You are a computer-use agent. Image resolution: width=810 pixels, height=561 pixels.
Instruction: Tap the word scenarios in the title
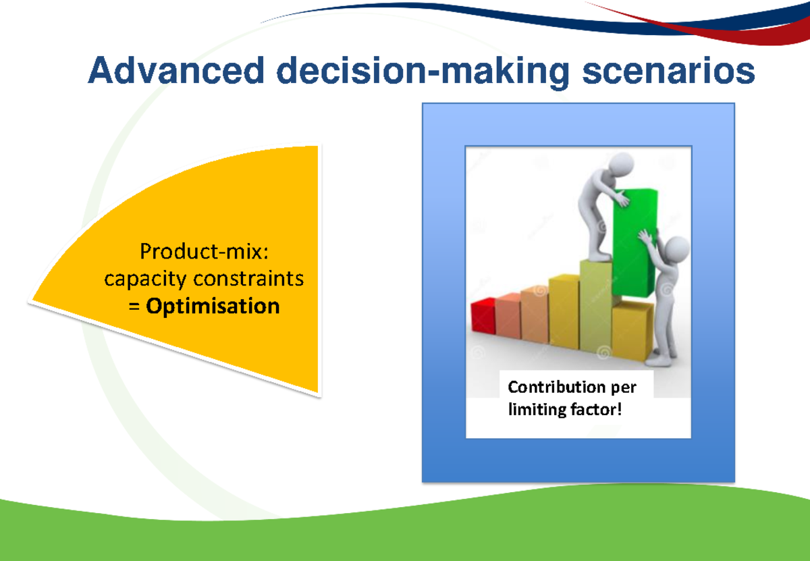[668, 72]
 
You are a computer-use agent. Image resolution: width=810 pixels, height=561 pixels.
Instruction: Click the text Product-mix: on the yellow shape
[204, 252]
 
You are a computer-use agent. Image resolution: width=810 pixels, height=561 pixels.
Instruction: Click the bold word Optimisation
[213, 306]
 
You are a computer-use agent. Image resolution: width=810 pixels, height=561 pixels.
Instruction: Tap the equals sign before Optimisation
[134, 306]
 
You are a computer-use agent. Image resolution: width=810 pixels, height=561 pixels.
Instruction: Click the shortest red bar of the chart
[483, 316]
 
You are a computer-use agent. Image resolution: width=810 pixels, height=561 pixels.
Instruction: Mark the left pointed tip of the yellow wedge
[31, 301]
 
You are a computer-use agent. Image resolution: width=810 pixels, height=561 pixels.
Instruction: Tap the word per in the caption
[622, 388]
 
